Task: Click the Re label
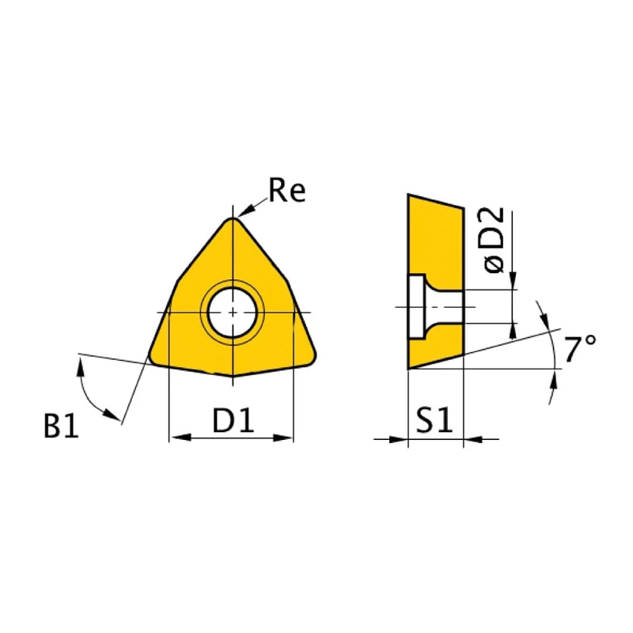tap(286, 191)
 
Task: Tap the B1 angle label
tap(61, 427)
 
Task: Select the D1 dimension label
tap(233, 422)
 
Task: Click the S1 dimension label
tap(434, 422)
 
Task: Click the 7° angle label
tap(580, 347)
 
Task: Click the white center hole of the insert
tap(232, 312)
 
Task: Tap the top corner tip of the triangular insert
tap(232, 220)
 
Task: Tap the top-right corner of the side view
tap(463, 208)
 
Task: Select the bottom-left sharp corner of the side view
tap(408, 368)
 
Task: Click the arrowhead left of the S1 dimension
tap(400, 438)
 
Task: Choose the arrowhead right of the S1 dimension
tap(471, 438)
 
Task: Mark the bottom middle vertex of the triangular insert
tap(232, 375)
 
